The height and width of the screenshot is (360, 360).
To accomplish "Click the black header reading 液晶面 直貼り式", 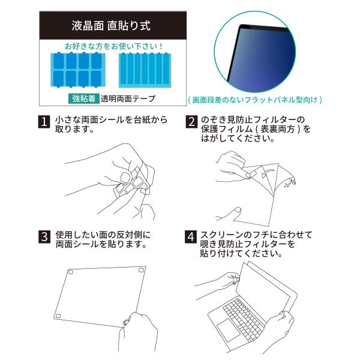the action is coord(113,25).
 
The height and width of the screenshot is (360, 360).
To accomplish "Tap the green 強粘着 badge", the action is coord(83,99).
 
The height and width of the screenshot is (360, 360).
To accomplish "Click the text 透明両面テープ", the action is coord(128,99).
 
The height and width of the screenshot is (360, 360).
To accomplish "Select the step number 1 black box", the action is coord(44,121).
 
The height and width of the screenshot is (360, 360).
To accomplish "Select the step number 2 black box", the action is coord(191,121).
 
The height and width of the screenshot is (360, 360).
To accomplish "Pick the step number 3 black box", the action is coord(44,237).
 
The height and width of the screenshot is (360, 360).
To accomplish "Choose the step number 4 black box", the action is coord(191,237).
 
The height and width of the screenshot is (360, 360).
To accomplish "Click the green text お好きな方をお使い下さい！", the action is coord(114,46).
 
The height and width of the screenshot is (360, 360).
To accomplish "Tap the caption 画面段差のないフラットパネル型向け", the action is coord(255,100).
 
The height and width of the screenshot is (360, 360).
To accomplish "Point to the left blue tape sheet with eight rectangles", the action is coord(78,70).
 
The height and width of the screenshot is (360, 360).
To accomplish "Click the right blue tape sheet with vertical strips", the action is coord(145,70).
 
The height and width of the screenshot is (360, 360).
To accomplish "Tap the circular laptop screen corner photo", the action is coord(255,52).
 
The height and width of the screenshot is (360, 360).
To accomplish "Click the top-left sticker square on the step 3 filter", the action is coord(71,272).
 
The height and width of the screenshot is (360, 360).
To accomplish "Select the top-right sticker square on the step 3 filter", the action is coord(142,270).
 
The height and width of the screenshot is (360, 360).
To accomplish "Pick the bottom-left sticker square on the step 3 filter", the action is coord(58,316).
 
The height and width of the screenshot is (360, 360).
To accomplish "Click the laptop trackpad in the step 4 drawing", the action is coord(228,326).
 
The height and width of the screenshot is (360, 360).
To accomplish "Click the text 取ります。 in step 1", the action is coord(75,129).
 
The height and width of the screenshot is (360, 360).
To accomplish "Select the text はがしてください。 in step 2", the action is coord(238,139).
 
